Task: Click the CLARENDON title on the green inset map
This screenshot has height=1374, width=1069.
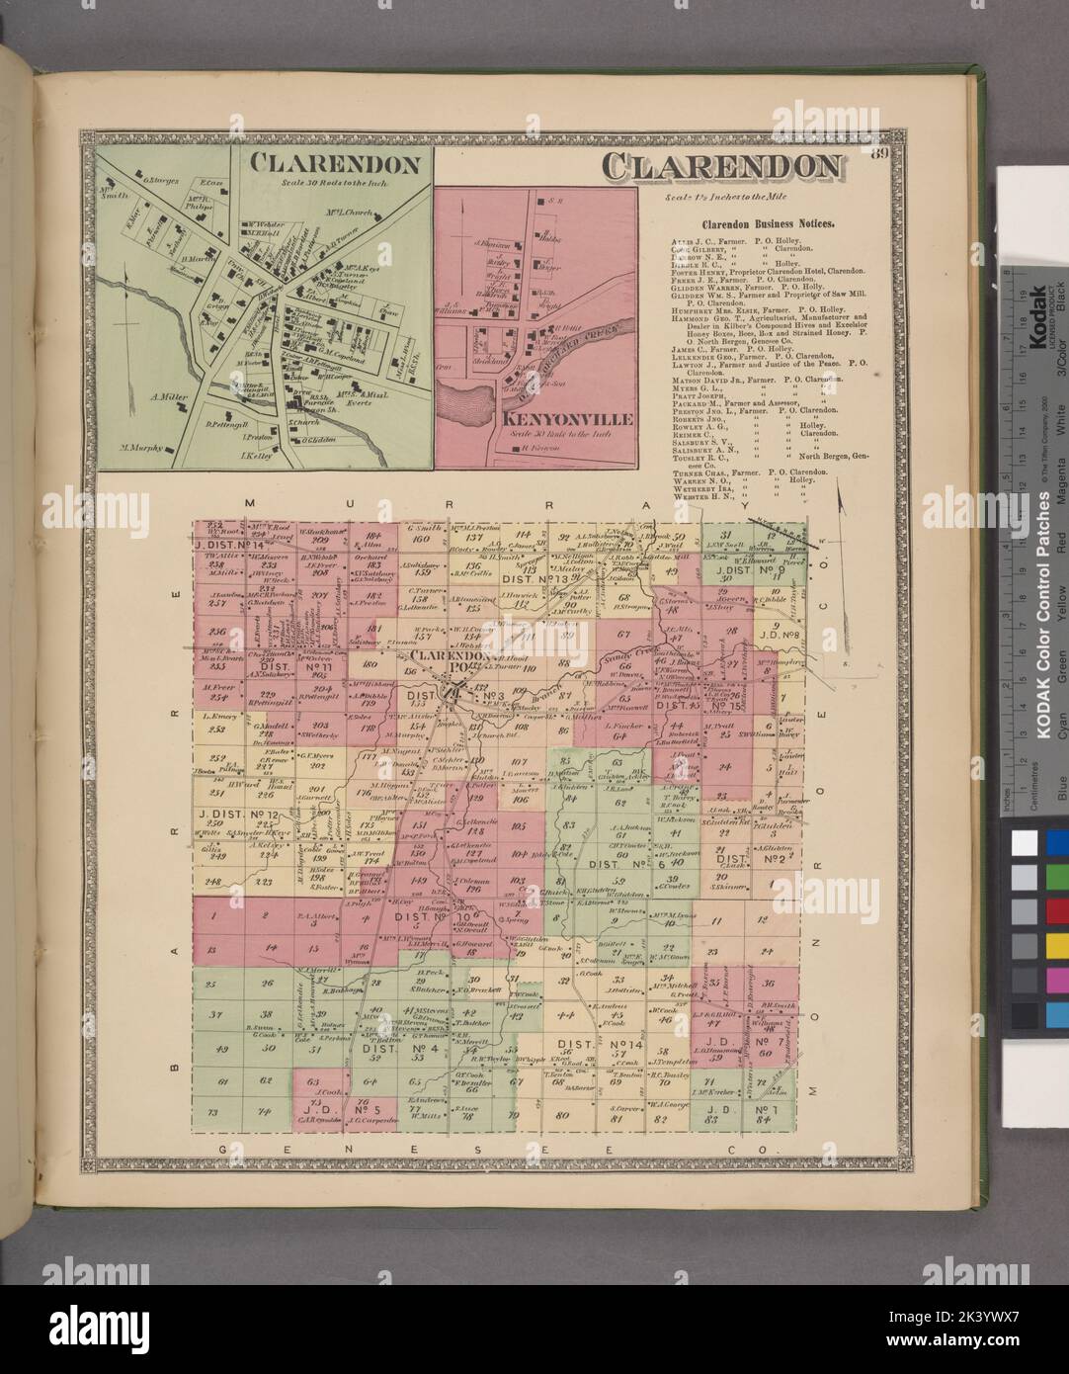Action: [x=336, y=163]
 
